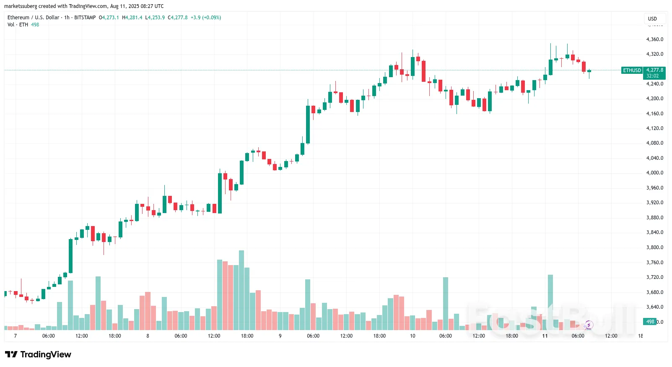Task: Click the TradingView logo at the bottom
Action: [38, 354]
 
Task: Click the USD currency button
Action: [652, 18]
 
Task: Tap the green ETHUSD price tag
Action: [632, 70]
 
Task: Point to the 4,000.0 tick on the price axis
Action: [654, 173]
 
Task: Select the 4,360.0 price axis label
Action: [654, 39]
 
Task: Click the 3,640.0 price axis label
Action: [654, 307]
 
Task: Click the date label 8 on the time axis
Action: [148, 336]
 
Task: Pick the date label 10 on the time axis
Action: [413, 336]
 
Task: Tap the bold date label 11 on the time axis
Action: [545, 336]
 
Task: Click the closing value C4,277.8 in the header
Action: [178, 18]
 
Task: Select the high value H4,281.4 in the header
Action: [132, 18]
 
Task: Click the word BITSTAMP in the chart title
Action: [85, 18]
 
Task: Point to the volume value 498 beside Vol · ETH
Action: [35, 25]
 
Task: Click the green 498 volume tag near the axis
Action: [650, 322]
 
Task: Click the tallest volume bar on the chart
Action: [241, 290]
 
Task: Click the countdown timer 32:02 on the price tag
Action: [652, 76]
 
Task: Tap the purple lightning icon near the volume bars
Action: [589, 325]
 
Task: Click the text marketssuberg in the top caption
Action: [21, 6]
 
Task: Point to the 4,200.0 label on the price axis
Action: [654, 99]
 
